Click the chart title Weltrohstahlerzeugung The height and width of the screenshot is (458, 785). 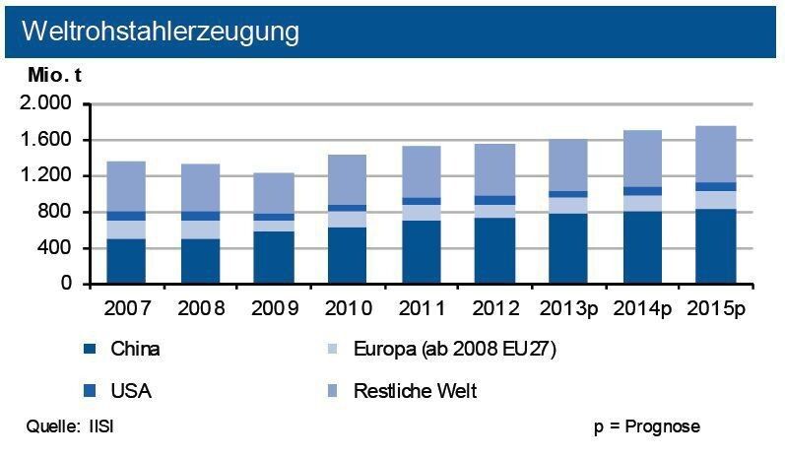pyautogui.click(x=160, y=32)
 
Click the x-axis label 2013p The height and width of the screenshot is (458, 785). pyautogui.click(x=569, y=308)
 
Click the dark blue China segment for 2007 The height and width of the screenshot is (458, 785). pyautogui.click(x=127, y=261)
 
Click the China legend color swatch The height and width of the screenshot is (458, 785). pyautogui.click(x=92, y=348)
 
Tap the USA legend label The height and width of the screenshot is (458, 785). pyautogui.click(x=133, y=391)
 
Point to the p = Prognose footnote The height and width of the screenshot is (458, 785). pyautogui.click(x=646, y=426)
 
